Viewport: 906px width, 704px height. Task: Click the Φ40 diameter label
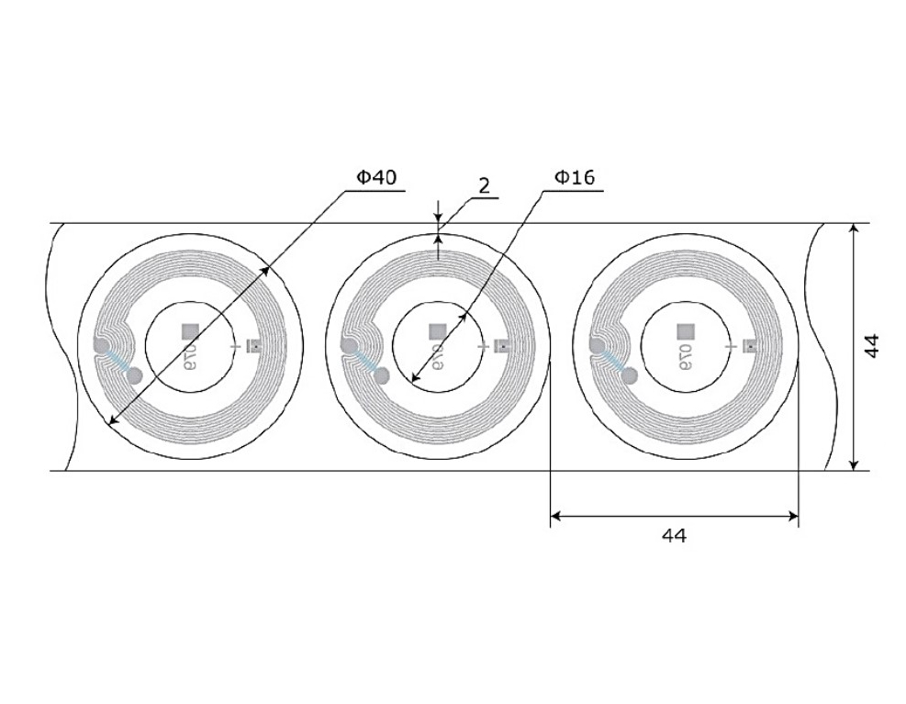(376, 178)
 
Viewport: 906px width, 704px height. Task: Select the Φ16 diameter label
(575, 178)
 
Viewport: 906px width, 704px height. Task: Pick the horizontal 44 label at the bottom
(674, 535)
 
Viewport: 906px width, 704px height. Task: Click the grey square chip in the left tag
(190, 330)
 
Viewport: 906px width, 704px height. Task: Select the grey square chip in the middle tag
(437, 330)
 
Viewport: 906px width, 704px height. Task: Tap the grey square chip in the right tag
(684, 330)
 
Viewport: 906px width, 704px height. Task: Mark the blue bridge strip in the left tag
(117, 361)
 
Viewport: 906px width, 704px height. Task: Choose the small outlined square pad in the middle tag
(501, 346)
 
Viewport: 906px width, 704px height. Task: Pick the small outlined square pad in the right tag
(749, 346)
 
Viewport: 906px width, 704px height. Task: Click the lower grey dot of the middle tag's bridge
(383, 375)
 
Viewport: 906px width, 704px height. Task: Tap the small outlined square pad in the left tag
(254, 346)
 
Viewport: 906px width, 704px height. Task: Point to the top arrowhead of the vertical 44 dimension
(854, 229)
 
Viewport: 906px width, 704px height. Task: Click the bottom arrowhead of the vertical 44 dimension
(854, 465)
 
